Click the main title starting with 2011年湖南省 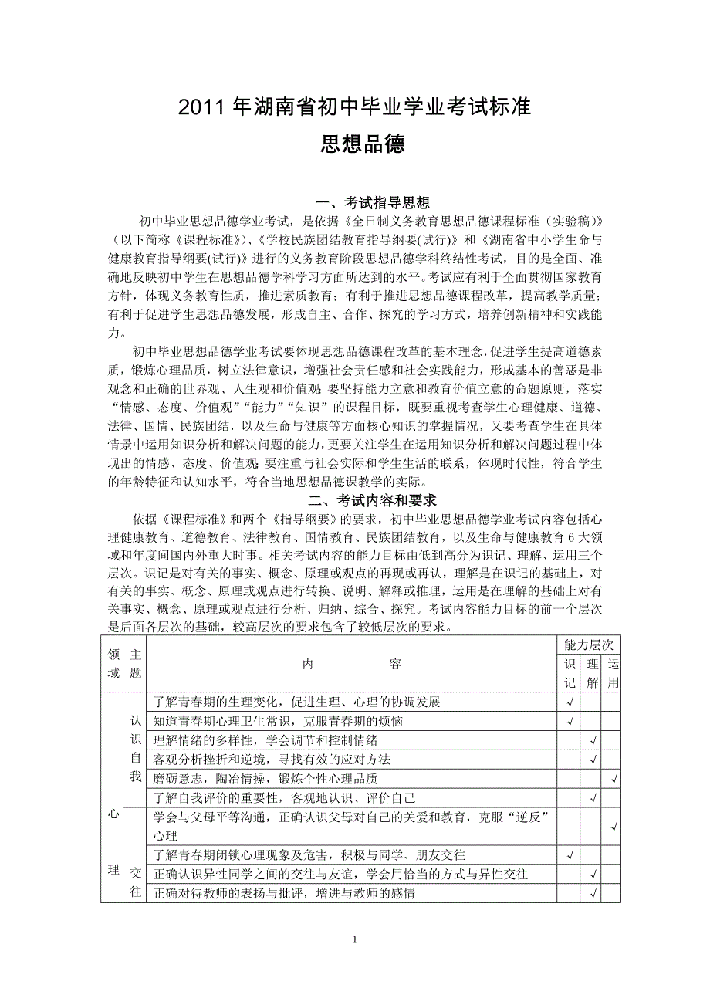pos(354,107)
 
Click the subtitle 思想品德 pos(354,144)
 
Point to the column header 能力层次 pos(590,644)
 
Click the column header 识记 pos(570,673)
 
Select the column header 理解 pos(593,673)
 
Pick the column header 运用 pos(613,673)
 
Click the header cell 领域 pos(113,663)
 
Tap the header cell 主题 pos(136,663)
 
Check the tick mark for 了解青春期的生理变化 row pos(570,702)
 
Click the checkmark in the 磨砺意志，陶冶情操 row pos(614,779)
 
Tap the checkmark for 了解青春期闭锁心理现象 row pos(570,855)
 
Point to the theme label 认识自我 pos(136,750)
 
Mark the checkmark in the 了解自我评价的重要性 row pos(593,797)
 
